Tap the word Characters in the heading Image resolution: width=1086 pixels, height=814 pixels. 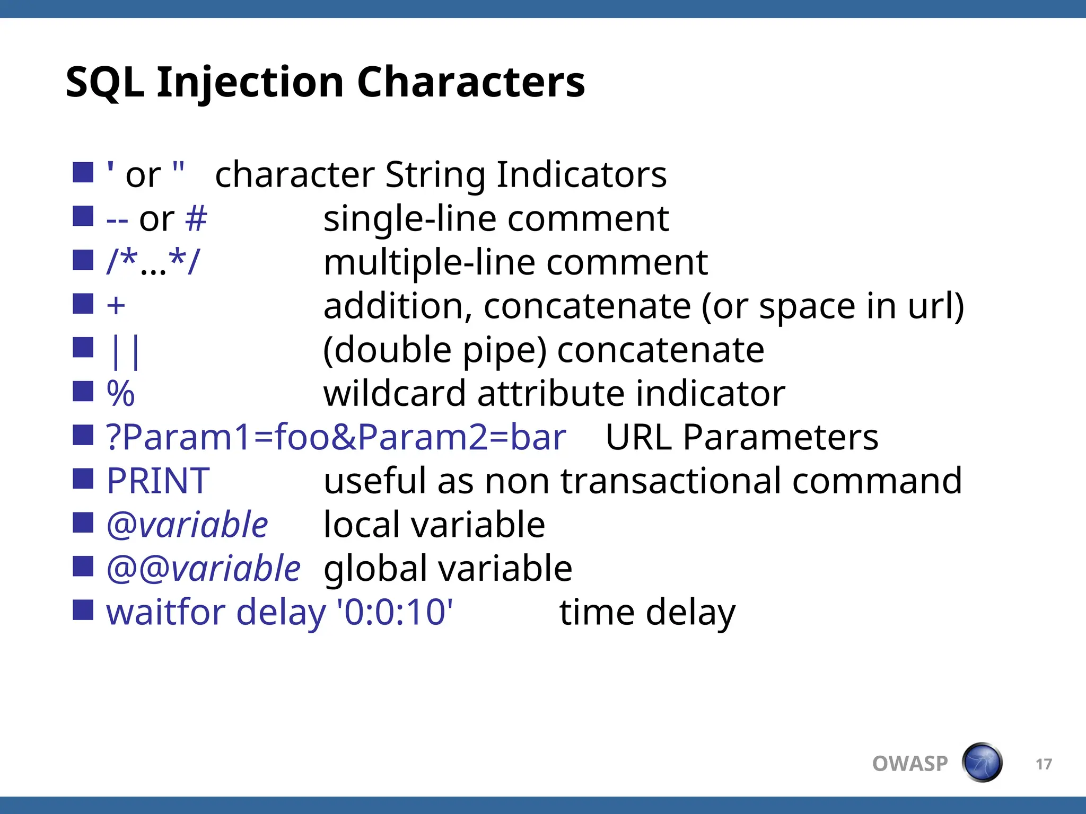[x=471, y=83]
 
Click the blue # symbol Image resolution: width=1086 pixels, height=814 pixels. [x=196, y=218]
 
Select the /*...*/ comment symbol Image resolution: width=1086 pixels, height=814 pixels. [x=153, y=262]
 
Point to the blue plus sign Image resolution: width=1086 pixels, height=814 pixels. [x=116, y=306]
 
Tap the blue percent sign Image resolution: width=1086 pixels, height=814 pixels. [x=121, y=394]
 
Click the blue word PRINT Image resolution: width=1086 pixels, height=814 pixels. [x=158, y=481]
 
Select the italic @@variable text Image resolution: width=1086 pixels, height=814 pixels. [x=204, y=569]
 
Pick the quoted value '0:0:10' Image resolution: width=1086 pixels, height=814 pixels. [x=396, y=612]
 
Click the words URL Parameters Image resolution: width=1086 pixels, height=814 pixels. [x=741, y=437]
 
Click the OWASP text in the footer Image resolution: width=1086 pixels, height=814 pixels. [x=910, y=764]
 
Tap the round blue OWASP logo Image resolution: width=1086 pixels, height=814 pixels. [x=982, y=763]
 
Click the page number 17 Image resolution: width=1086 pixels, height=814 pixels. [x=1044, y=764]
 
